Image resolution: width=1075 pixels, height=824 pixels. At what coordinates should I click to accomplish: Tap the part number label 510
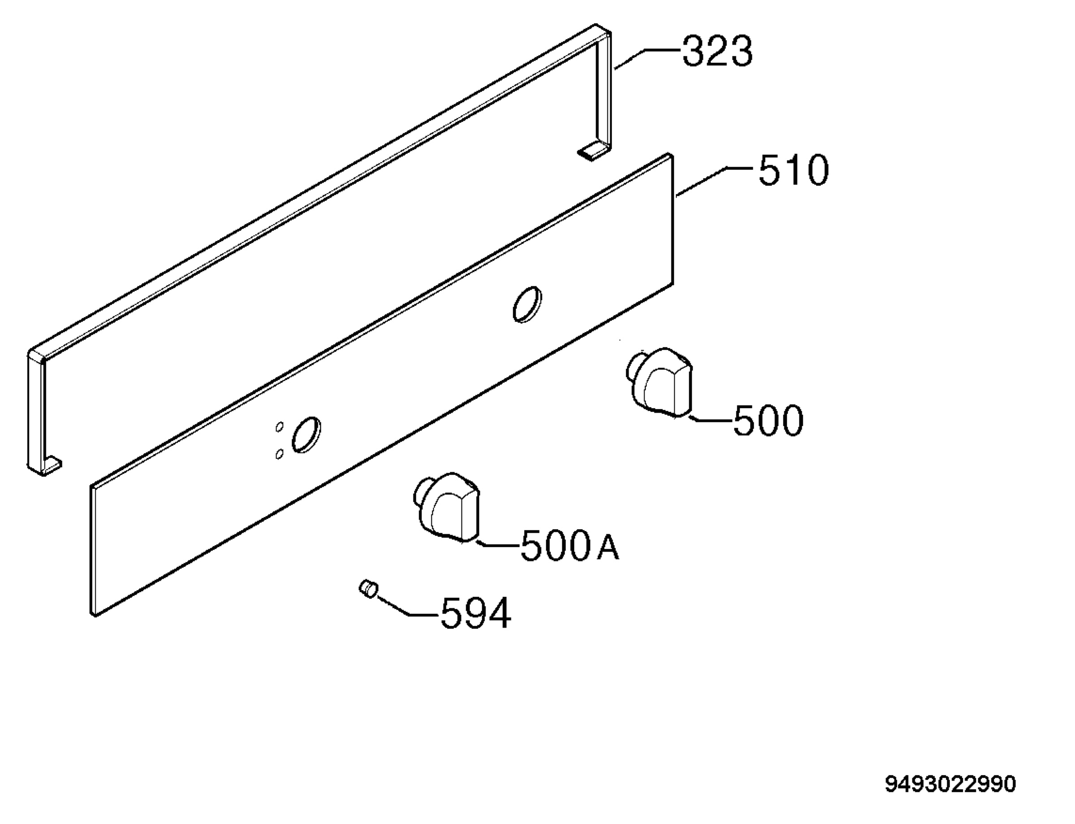coord(794,170)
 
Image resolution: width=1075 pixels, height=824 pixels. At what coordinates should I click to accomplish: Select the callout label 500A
coord(570,545)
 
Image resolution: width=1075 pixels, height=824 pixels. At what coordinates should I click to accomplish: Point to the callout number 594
coord(476,613)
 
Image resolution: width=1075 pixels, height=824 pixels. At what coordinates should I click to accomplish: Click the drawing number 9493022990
coord(950,784)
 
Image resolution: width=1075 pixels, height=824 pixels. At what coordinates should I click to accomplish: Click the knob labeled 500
coord(660,382)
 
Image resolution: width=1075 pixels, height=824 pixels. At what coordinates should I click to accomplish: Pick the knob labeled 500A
coord(446,507)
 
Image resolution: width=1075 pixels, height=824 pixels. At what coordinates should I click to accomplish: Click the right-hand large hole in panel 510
coord(528,305)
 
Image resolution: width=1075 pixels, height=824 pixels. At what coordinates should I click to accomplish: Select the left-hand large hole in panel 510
coord(306,435)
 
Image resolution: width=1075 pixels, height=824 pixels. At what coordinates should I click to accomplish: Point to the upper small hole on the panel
coord(279,427)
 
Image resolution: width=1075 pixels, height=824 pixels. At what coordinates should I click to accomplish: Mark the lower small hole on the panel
coord(279,454)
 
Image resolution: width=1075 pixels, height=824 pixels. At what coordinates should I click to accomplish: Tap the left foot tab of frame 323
coord(52,466)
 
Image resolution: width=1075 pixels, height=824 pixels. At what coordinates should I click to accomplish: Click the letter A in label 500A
coord(608,548)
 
